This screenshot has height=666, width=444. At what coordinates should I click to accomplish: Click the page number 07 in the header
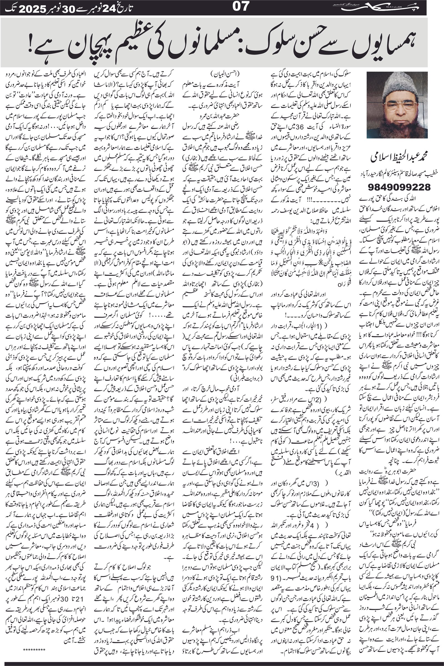click(241, 7)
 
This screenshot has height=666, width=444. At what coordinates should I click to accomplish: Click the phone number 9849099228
click(400, 186)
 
